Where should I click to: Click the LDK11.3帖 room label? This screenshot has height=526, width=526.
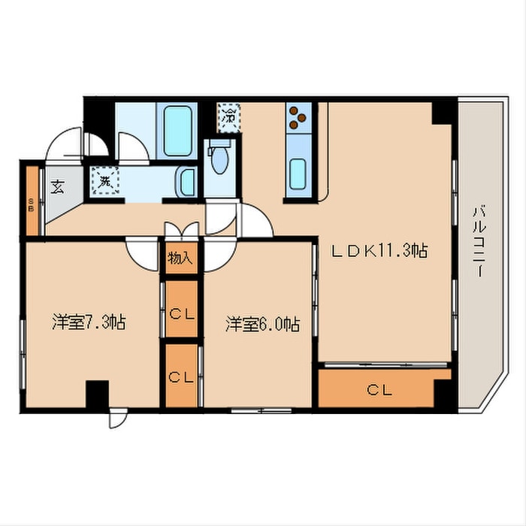coord(379,250)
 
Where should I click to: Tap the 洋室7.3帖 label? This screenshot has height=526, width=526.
coord(89,322)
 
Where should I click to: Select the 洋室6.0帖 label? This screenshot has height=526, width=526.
coord(263,324)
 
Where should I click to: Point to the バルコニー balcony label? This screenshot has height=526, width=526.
coord(479,241)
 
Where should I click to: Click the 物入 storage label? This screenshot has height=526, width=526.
coord(180,258)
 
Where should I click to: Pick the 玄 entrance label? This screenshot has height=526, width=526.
coord(57,186)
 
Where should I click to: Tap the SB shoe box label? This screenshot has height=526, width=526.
coord(32,204)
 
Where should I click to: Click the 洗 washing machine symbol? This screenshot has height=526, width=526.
coord(104,181)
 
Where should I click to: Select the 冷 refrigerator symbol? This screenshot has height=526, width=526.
coord(229,117)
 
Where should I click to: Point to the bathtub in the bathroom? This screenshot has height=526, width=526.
coord(177,131)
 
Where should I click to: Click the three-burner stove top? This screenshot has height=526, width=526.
coord(298,117)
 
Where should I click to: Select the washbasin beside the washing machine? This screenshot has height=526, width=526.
coord(186,182)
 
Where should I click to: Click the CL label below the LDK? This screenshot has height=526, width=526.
coord(379,390)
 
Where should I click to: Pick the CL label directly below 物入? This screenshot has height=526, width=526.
coord(182,314)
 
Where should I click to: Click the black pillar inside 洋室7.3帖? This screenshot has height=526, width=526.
coord(97,394)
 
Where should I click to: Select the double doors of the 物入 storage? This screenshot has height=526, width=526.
coord(182,230)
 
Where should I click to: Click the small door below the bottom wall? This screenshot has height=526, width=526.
coord(117,418)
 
